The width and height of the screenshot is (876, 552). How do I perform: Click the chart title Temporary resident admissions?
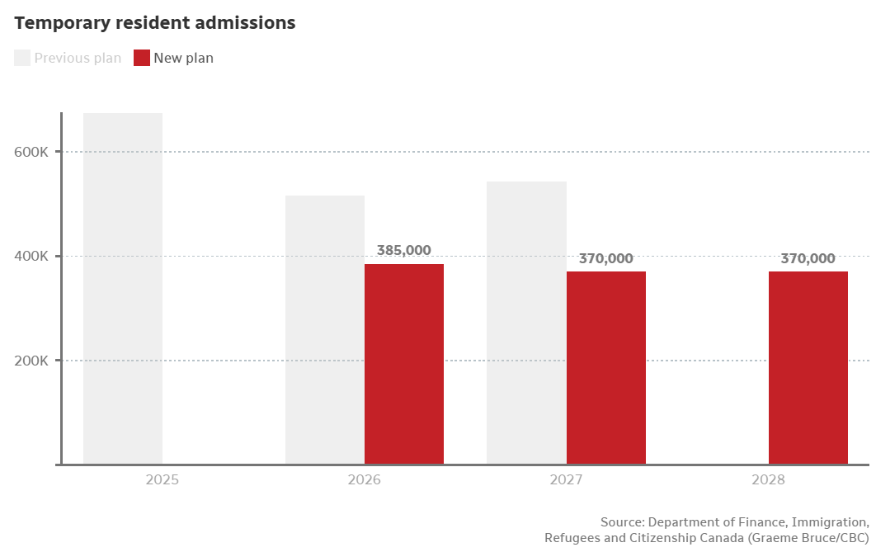154,23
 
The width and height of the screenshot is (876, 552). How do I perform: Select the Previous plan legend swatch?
22,58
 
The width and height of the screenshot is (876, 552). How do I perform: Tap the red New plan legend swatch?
142,58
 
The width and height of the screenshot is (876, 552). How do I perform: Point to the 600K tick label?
34,152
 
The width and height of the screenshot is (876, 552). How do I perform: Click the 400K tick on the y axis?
34,256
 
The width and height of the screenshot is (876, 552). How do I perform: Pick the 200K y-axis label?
34,361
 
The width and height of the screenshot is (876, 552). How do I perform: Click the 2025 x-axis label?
162,479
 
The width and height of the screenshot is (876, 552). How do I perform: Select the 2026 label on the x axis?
365,479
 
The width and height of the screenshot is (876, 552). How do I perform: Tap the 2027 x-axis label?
567,479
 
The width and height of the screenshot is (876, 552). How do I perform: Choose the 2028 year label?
769,479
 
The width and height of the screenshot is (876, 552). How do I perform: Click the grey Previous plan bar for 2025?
123,289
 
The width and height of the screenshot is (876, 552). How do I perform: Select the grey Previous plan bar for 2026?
325,330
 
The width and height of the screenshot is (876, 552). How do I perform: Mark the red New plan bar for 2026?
404,364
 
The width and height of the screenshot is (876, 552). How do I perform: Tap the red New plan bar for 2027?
606,368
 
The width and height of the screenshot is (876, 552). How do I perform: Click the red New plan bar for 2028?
808,368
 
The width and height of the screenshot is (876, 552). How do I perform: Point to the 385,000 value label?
404,250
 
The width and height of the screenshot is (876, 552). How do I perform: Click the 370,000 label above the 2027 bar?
606,258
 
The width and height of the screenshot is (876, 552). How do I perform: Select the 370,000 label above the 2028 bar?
808,258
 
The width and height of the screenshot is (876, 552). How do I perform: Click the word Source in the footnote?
622,522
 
